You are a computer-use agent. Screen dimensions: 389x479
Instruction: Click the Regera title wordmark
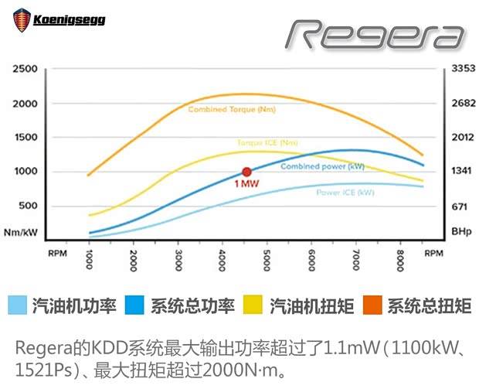point(376,34)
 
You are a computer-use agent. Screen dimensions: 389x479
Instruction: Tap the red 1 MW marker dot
point(246,172)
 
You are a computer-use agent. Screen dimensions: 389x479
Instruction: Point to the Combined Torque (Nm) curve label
point(232,110)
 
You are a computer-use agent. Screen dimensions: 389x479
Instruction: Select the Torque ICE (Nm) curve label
point(267,142)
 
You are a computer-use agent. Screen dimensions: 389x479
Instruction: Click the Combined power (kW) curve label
point(322,166)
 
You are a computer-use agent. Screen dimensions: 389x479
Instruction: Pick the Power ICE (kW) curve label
point(345,192)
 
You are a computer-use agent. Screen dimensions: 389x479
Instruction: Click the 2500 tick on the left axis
point(25,70)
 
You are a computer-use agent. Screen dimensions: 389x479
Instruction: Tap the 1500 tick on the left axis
point(25,138)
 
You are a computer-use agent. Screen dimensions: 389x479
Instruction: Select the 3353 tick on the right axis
point(462,70)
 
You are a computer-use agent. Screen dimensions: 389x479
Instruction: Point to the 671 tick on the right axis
point(460,206)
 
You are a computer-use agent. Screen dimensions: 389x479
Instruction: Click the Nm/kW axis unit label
point(21,232)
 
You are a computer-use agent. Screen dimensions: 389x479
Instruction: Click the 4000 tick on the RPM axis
point(223,261)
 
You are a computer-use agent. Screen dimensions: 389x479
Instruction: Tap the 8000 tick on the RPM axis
point(400,261)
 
